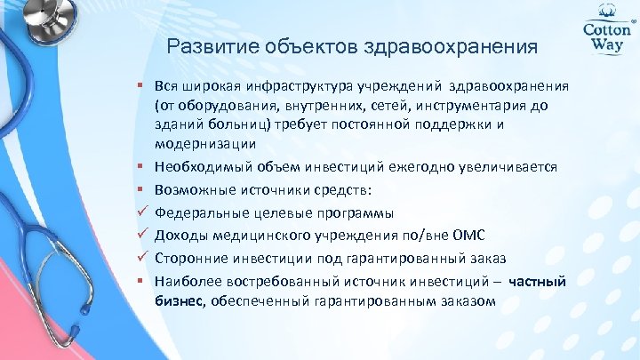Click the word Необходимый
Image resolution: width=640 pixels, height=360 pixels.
pos(196,166)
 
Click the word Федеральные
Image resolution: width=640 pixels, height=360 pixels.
pos(198,212)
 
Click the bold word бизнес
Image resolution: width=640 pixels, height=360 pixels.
pos(180,301)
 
